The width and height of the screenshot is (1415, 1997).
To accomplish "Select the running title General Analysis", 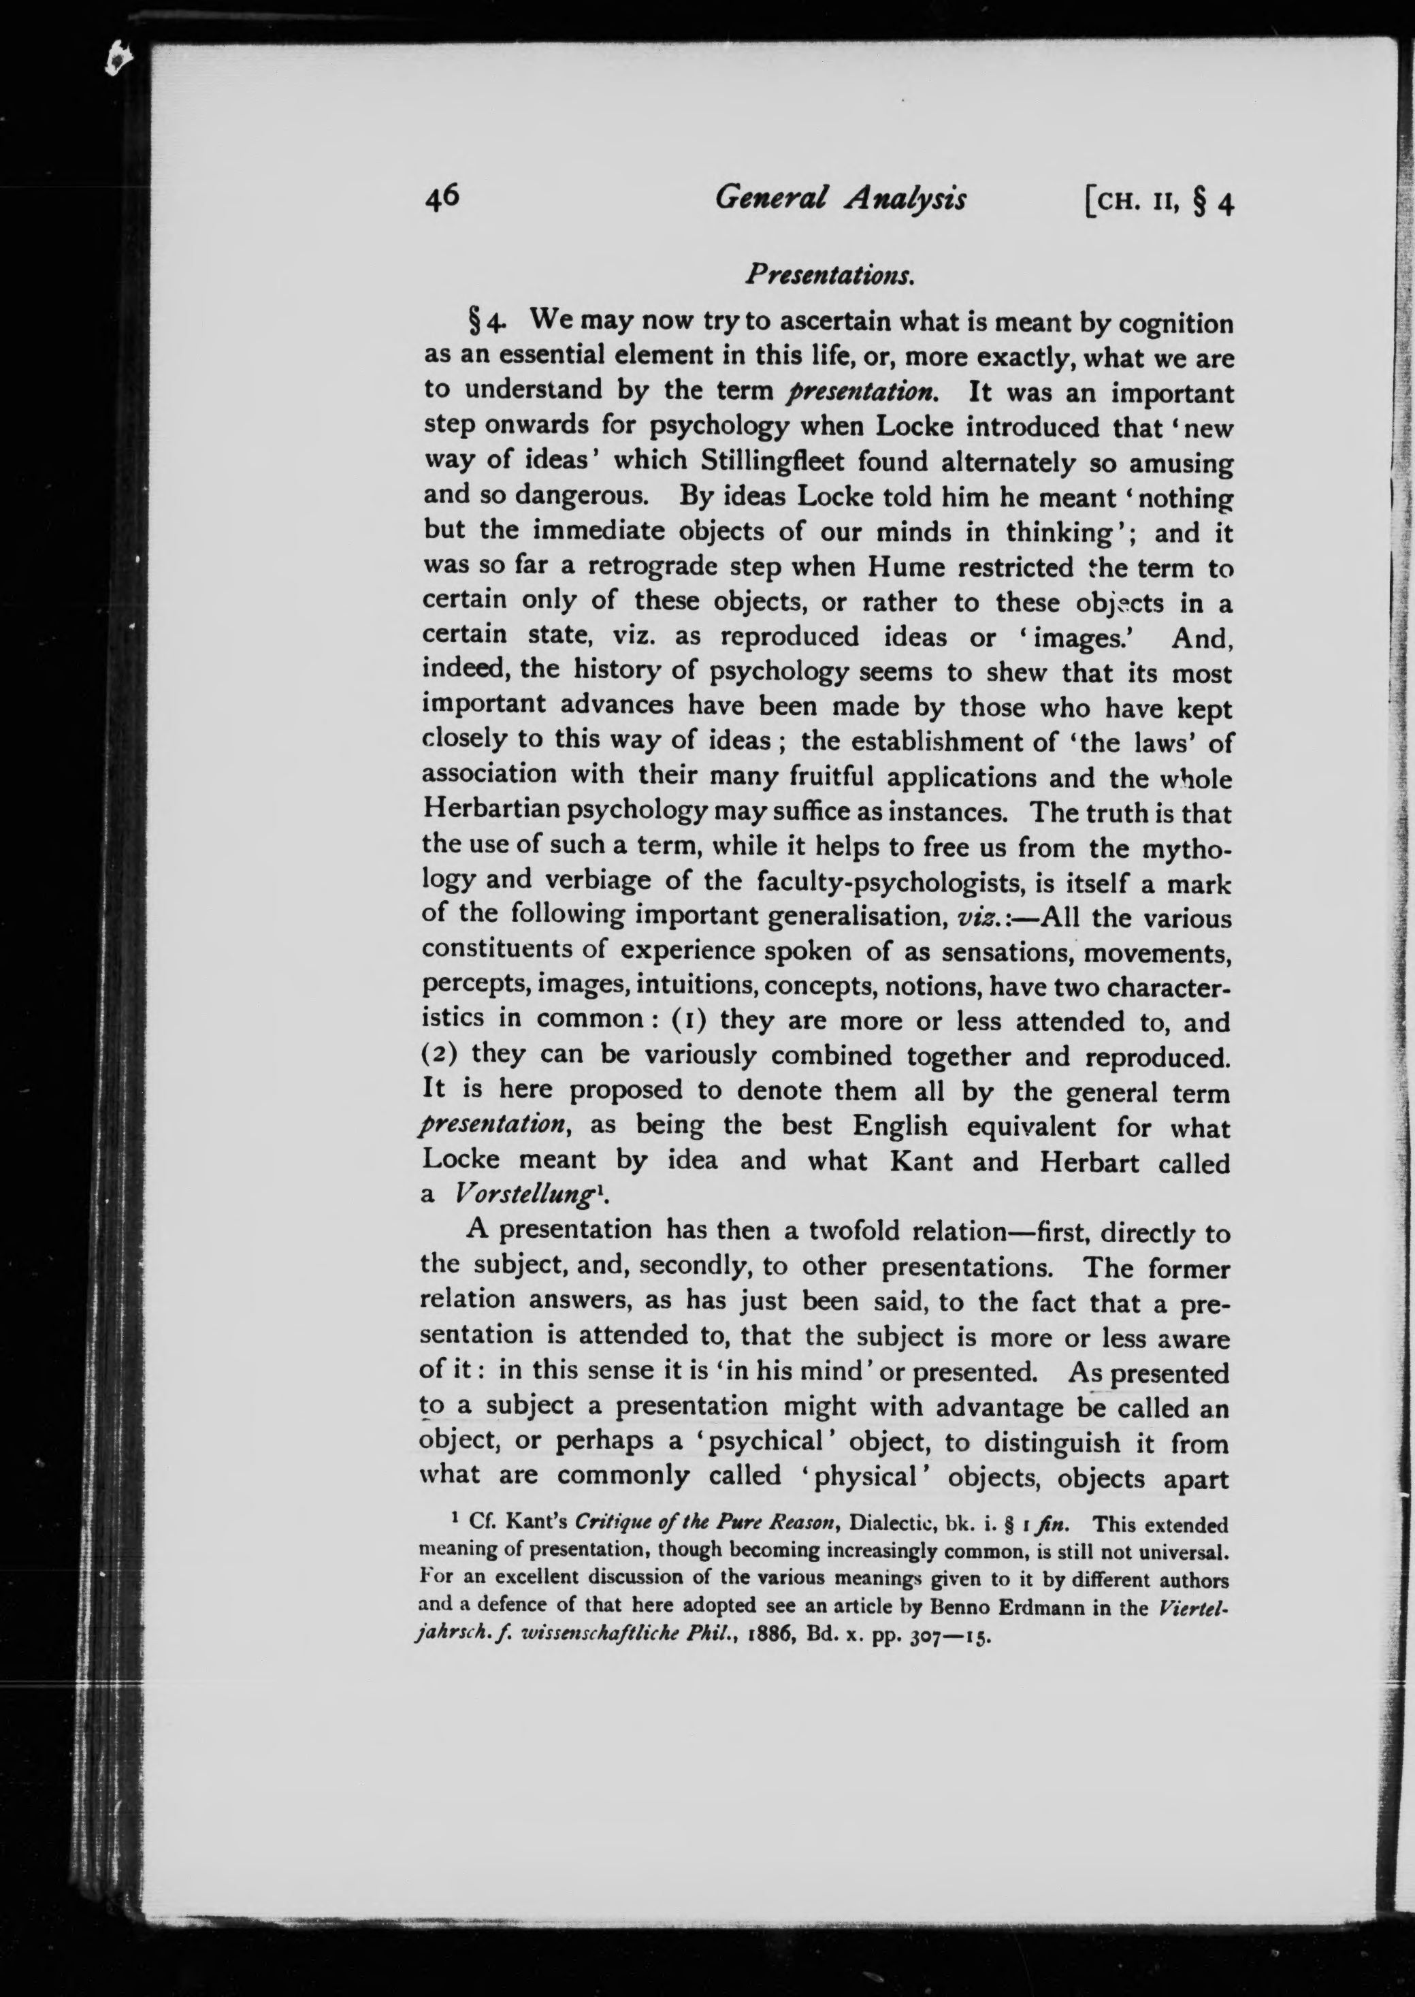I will point(840,199).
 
